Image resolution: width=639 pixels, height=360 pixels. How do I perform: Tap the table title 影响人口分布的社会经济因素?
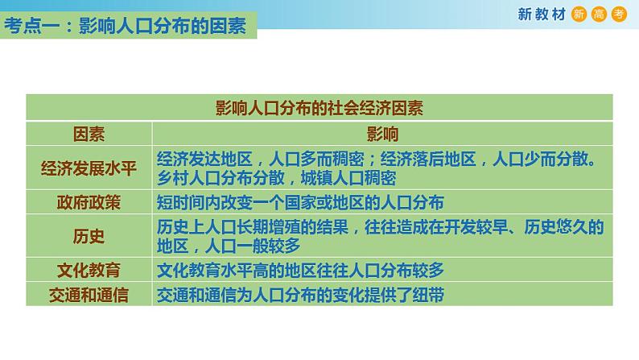319,109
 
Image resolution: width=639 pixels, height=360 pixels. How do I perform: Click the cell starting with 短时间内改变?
300,201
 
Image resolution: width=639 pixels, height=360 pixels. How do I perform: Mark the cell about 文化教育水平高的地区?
300,271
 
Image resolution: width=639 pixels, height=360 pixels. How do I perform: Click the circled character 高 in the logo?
600,15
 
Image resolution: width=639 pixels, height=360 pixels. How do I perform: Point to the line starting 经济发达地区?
377,159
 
